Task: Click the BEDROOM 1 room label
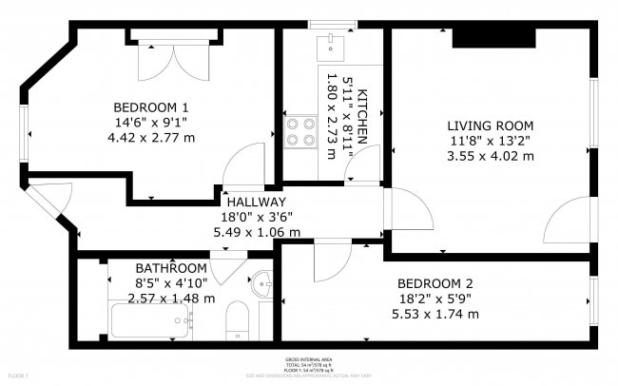tap(150, 106)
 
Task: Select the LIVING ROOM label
tap(490, 125)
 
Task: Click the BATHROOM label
tap(170, 268)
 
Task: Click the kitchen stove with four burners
tap(300, 130)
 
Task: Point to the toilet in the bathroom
tap(237, 323)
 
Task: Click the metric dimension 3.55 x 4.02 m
tap(490, 156)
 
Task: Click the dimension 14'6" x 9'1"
tap(150, 122)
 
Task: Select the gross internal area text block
tap(309, 365)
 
